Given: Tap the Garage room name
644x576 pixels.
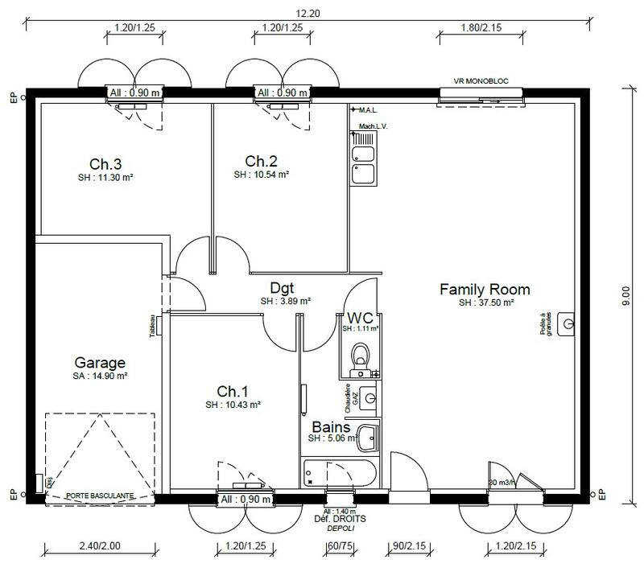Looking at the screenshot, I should pos(100,362).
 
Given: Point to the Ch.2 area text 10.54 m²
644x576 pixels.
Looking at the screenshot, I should pos(262,174).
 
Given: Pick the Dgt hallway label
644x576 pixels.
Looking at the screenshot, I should pos(282,288).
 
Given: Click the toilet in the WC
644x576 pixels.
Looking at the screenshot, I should pos(361,354).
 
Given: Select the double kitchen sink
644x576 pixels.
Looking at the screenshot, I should pos(362,163).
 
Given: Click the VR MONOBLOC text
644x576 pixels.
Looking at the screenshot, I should pos(481,81).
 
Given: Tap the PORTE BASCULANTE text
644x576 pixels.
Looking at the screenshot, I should pos(99,496).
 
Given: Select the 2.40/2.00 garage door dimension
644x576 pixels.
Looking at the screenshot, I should pos(100,545).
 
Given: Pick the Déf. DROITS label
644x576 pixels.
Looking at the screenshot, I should pos(341,520).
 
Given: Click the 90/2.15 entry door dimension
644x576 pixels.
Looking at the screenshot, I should pos(408,545).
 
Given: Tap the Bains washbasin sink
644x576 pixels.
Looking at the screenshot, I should pos(368,438).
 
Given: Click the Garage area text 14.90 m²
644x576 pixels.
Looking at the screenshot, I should pos(100,376).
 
